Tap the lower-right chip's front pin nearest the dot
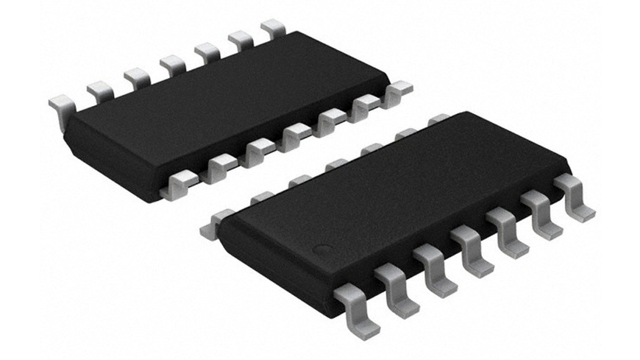point(353,303)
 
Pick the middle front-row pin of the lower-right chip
point(472,250)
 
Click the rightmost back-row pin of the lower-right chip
point(439,119)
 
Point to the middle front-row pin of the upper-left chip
point(295,135)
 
